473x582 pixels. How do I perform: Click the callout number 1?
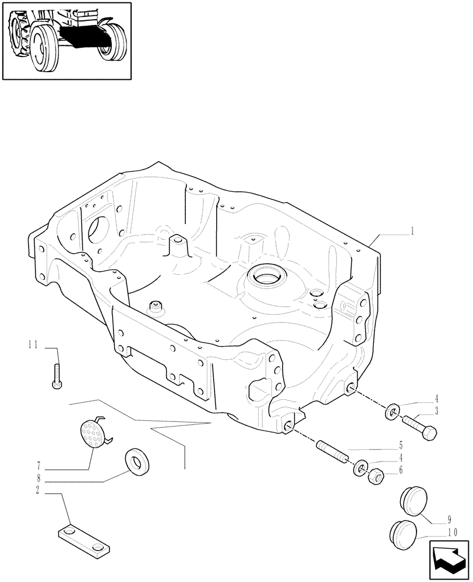(x=412, y=231)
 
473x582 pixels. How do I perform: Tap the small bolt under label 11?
(x=57, y=378)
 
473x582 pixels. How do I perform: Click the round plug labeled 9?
(x=414, y=502)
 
